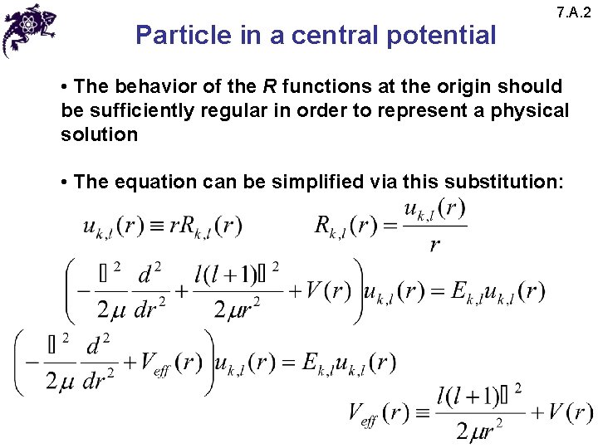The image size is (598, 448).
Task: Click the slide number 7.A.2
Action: click(575, 12)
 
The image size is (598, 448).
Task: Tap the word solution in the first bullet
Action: click(99, 134)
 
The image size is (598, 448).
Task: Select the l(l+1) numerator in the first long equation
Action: click(226, 275)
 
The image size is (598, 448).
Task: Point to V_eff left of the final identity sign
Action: click(365, 412)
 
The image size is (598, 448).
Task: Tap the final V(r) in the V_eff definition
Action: click(570, 412)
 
